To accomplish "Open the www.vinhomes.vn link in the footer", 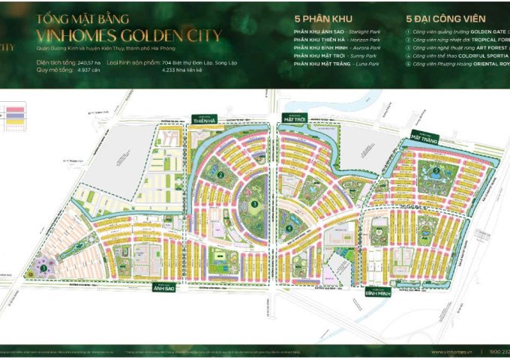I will [x=457, y=352].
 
